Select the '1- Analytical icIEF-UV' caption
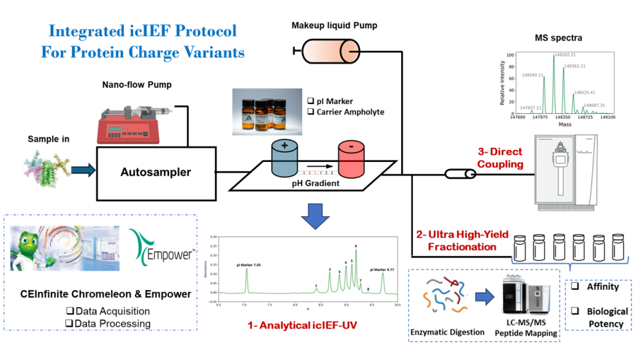coord(302,326)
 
